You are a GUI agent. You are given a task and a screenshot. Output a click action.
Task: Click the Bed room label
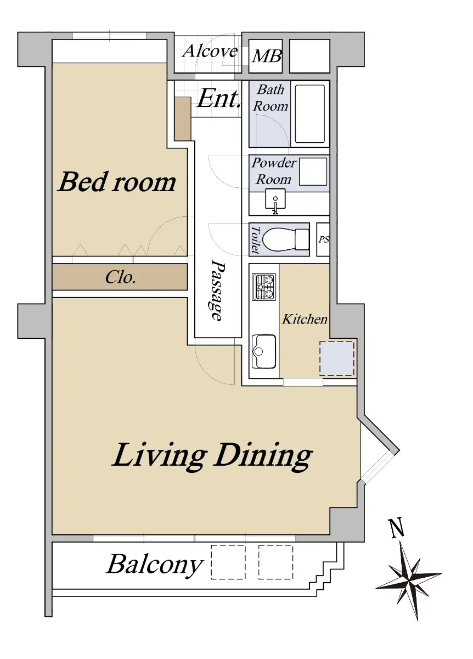[117, 182]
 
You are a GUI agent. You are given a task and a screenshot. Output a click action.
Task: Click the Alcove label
[210, 51]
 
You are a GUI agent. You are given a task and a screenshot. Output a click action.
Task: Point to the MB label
[267, 56]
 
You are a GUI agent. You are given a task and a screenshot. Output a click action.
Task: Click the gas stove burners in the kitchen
[264, 287]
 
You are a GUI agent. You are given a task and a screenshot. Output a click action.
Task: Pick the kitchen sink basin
[264, 351]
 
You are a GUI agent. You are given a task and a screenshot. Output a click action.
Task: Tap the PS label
[323, 240]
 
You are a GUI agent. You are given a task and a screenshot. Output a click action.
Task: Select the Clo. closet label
[121, 277]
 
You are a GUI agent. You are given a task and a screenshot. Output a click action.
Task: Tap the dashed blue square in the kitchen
[336, 358]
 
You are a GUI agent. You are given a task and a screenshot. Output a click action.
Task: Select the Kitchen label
[305, 319]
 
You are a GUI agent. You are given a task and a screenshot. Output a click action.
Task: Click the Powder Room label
[274, 171]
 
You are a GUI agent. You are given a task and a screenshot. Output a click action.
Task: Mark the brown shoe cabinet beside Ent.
[183, 119]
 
